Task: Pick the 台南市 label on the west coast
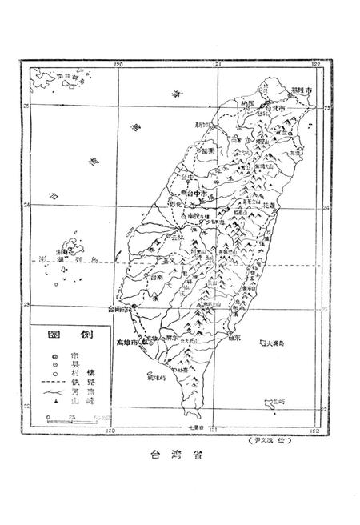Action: tap(120, 307)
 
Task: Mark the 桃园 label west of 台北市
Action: tap(246, 103)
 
